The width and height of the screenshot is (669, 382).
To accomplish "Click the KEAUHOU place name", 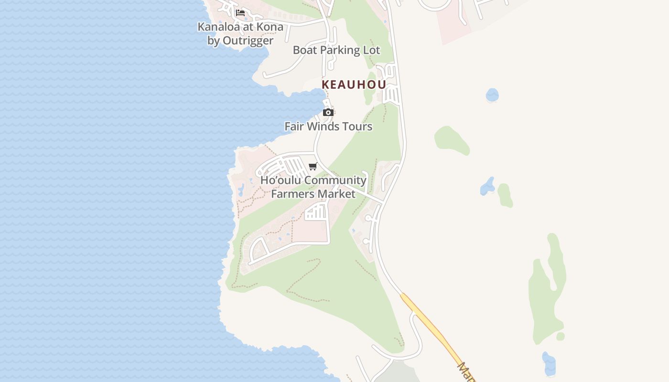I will pos(354,85).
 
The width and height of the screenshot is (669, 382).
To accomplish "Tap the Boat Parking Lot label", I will pos(336,50).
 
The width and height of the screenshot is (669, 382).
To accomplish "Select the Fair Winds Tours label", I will pos(328,127).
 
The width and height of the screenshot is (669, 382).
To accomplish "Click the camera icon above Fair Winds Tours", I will pos(328,113).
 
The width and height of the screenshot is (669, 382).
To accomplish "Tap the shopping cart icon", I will pos(313,166).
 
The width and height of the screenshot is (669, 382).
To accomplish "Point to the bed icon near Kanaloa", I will pos(240,13).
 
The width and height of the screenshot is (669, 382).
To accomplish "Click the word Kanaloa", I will pos(220,27).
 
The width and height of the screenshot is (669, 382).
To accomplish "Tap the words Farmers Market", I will pos(313,194).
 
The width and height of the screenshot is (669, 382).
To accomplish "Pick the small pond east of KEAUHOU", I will pos(492,95).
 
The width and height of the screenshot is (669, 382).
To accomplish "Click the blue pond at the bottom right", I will pos(549,363).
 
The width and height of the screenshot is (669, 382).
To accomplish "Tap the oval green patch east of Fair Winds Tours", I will pos(452,139).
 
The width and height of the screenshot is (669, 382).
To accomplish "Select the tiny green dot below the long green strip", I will pos(561,337).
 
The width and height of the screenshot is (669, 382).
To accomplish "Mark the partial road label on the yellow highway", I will pos(466,372).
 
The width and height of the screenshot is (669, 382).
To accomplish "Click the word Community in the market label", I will pos(335,180).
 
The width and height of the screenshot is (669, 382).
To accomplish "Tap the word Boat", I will pos(304,50).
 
